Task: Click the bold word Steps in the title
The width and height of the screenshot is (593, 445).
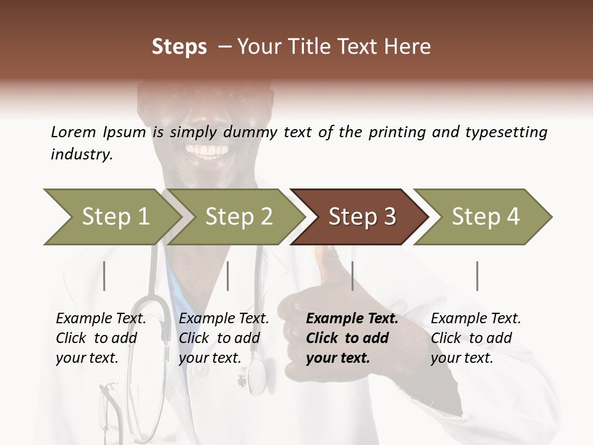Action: [x=179, y=47]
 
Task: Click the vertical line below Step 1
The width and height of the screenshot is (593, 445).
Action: [x=104, y=276]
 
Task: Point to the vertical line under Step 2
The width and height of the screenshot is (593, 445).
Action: [x=228, y=276]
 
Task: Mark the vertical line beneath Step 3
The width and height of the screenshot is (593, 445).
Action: [x=352, y=276]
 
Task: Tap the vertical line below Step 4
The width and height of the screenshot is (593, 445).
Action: [x=477, y=276]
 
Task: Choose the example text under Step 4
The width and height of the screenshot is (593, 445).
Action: [x=476, y=338]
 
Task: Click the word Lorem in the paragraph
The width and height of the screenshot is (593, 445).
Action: [x=74, y=132]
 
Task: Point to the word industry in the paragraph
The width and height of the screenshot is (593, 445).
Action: [x=81, y=155]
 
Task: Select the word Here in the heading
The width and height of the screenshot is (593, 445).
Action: [x=408, y=47]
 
